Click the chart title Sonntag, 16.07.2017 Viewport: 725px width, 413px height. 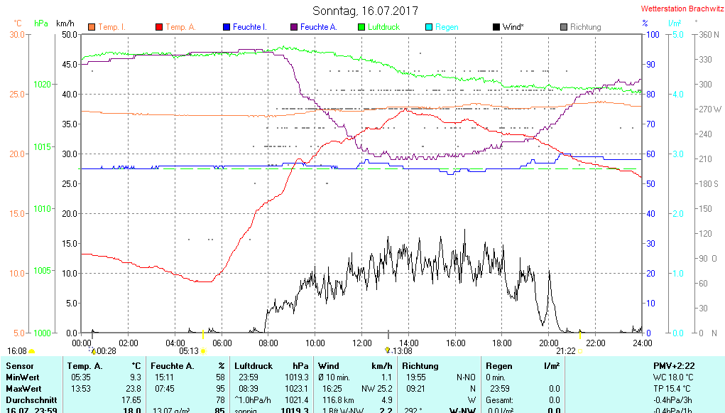tap(365, 11)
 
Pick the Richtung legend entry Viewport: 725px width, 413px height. tap(585, 27)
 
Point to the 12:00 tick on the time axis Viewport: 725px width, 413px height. tap(362, 343)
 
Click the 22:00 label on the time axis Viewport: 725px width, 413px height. tap(595, 343)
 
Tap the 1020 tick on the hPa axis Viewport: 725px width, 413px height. tap(43, 84)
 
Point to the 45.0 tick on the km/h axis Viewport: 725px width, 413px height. tap(70, 64)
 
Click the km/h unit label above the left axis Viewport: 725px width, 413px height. tap(65, 23)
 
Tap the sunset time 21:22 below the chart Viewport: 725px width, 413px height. tap(565, 350)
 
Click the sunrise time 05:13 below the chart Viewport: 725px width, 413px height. tap(189, 350)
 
